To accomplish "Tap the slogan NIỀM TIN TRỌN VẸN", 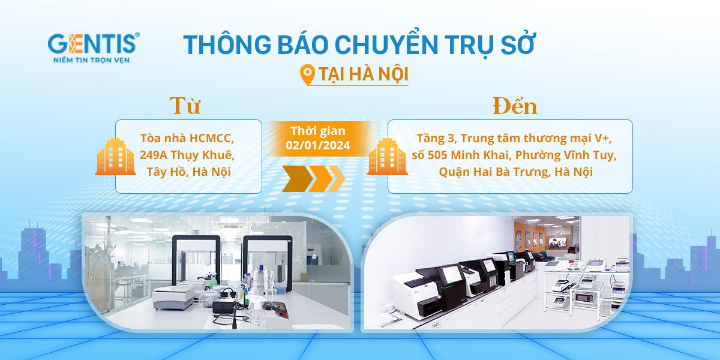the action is (92, 60).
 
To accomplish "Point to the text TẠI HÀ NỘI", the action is (363, 74).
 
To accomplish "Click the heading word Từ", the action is (185, 105).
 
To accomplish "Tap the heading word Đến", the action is (515, 106).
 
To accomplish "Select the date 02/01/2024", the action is (318, 145).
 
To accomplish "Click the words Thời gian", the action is (318, 131).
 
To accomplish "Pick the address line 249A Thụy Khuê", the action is (187, 155).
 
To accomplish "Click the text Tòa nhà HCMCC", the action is (187, 138).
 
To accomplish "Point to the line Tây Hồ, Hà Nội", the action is (188, 172).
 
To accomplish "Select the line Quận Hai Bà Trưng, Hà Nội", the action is (515, 172).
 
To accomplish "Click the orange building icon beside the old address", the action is (115, 157).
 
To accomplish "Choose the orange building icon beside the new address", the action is (388, 157).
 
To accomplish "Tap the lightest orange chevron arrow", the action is (337, 179).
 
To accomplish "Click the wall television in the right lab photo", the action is (557, 242).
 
